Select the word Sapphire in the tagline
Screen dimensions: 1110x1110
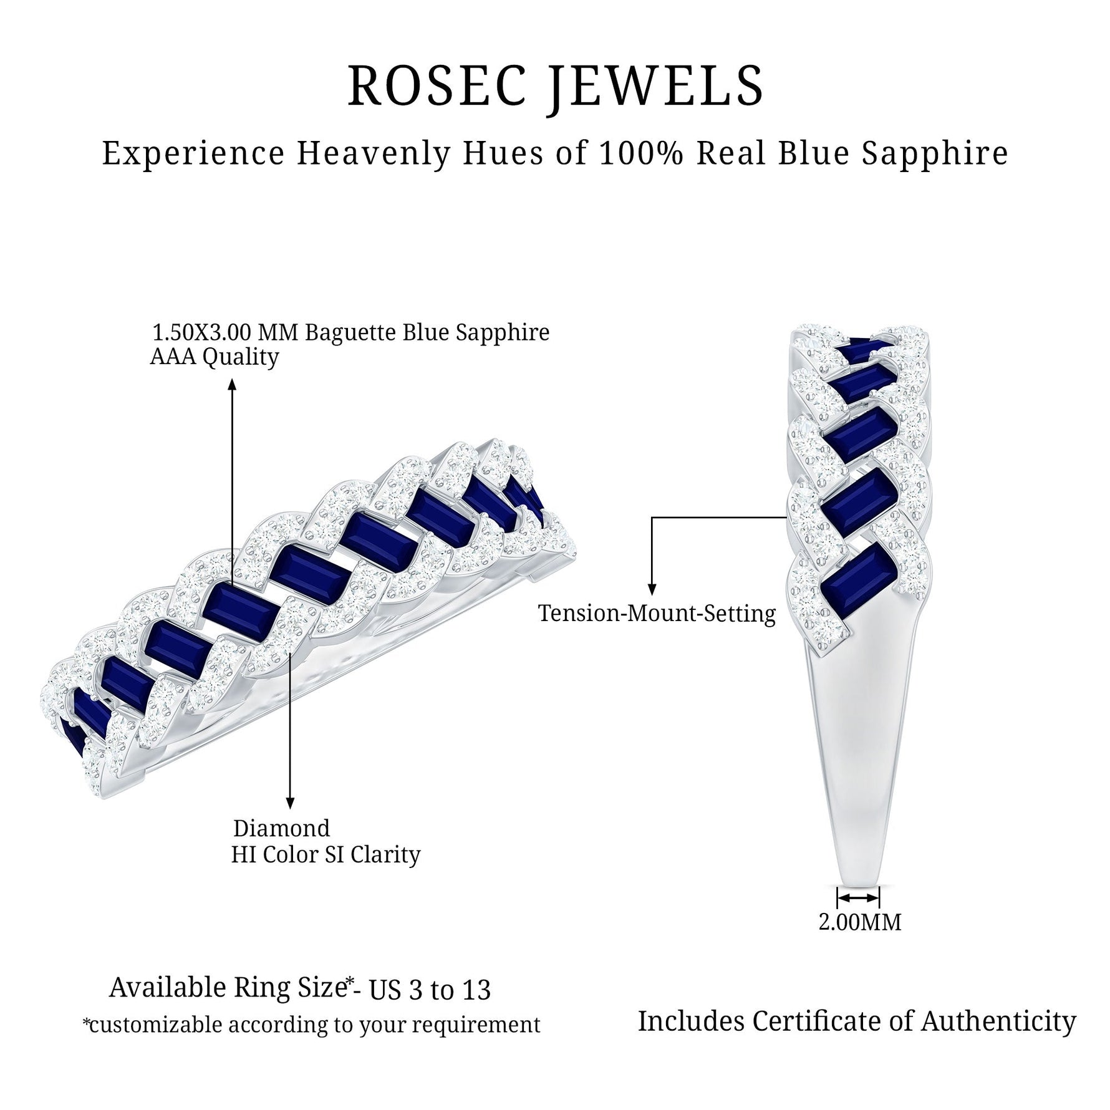tap(935, 153)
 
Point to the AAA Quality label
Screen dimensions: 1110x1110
tap(214, 357)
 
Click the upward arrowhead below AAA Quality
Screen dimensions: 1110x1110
tap(232, 385)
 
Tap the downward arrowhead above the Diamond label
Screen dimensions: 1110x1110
tap(289, 802)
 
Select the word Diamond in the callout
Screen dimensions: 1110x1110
tap(281, 828)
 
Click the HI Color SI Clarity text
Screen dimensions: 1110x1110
tap(326, 854)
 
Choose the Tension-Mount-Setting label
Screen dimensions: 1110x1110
tap(657, 613)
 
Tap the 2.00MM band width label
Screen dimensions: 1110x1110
tap(859, 922)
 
